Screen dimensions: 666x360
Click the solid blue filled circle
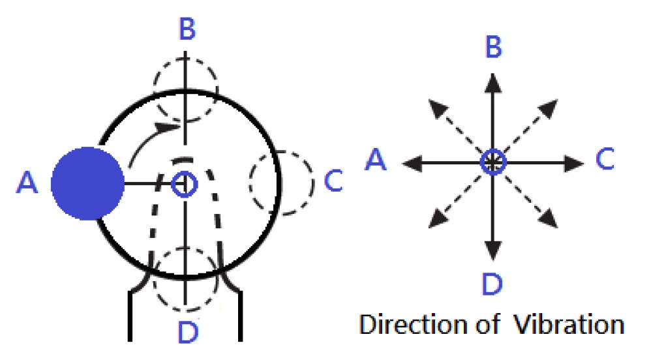point(87,183)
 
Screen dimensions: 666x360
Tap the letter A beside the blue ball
point(27,183)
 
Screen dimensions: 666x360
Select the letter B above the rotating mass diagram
point(187,29)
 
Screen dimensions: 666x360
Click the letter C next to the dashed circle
point(333,181)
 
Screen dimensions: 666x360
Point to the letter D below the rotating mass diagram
point(188,332)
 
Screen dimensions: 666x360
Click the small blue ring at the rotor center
point(185,185)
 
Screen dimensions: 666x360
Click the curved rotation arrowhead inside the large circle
point(168,127)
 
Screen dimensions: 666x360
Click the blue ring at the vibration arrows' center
point(493,162)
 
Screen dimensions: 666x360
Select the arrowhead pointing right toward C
point(574,163)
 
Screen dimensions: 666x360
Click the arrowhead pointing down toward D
point(492,251)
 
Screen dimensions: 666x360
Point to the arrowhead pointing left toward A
point(412,163)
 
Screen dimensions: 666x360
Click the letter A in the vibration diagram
point(376,160)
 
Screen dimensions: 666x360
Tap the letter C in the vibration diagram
point(605,158)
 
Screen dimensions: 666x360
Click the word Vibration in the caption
point(569,325)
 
